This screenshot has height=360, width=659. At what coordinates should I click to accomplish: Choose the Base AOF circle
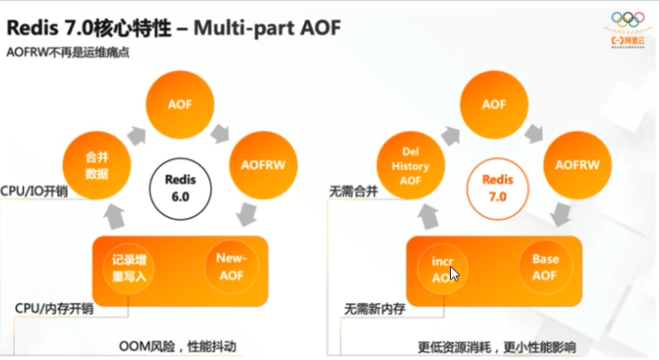[x=545, y=267]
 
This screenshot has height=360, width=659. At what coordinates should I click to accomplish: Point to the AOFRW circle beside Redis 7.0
[x=576, y=164]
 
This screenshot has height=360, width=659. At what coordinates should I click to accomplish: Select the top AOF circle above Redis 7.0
[x=494, y=105]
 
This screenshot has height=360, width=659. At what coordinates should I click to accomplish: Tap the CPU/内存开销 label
[x=54, y=308]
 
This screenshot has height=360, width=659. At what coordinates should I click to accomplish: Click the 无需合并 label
[x=355, y=192]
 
